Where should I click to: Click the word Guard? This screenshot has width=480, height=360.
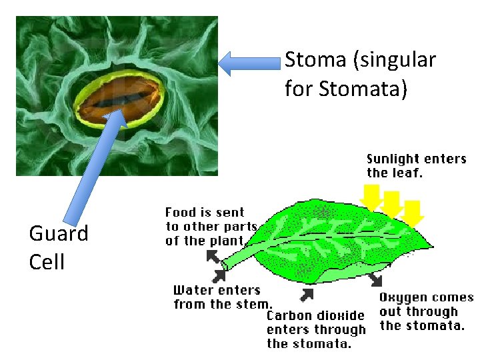[59, 233]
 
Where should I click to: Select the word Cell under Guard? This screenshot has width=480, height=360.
[47, 261]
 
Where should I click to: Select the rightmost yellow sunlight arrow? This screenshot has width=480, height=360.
[415, 212]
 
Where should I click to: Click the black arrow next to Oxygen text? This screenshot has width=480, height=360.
[376, 277]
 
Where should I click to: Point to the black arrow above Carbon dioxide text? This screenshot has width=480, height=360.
[307, 294]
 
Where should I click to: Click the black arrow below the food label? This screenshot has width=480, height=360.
[213, 256]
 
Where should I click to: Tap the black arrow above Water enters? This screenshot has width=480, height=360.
[219, 275]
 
